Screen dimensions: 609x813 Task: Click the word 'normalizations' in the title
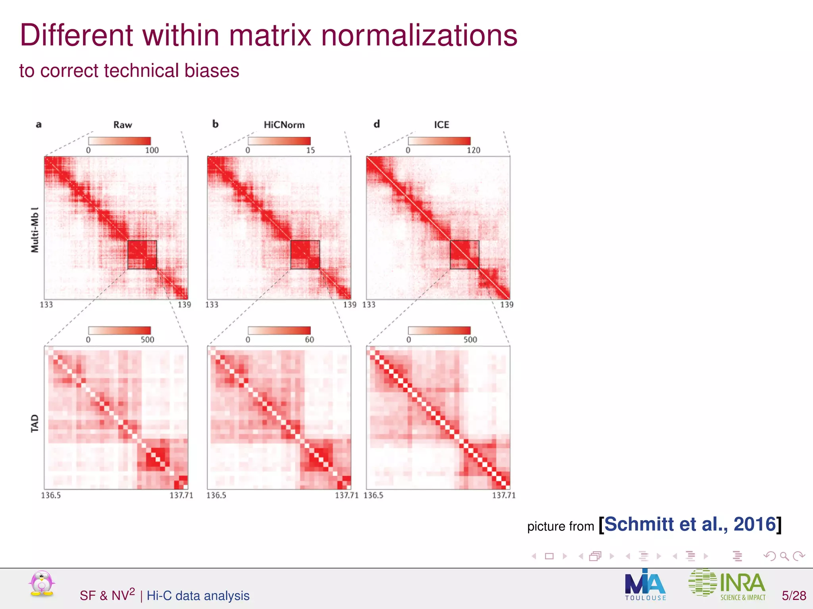tap(419, 36)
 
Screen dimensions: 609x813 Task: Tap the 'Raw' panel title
tap(123, 125)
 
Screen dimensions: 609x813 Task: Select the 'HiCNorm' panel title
tap(284, 125)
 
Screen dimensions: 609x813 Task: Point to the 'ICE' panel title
tap(441, 125)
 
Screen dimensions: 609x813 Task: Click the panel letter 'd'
tap(377, 124)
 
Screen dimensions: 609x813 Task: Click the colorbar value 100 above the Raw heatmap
tap(152, 150)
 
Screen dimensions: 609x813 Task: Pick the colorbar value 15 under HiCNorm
tap(310, 150)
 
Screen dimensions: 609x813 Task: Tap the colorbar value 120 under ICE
tap(473, 150)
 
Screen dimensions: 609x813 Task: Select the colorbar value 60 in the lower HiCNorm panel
tap(309, 340)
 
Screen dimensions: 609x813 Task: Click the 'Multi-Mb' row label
tap(35, 230)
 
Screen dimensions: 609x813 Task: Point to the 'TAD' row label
tap(35, 423)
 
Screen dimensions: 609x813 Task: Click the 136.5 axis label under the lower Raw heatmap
tap(51, 495)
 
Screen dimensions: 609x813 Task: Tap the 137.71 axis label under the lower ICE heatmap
tap(504, 495)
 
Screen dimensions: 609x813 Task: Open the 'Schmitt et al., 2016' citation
tap(690, 525)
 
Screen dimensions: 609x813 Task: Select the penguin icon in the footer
tap(42, 584)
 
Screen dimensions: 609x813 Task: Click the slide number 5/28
tap(794, 596)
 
